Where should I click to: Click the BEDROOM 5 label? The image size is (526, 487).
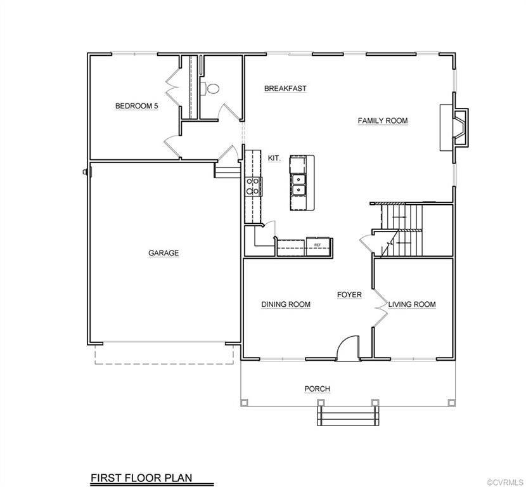(x=136, y=106)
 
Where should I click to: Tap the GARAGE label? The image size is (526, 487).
(x=164, y=253)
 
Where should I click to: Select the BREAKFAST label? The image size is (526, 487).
(x=285, y=89)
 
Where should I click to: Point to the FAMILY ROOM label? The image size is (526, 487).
(x=382, y=120)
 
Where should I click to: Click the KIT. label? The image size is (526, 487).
(x=274, y=158)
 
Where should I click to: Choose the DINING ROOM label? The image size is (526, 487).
(x=286, y=304)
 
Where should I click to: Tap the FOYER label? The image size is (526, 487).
(x=349, y=295)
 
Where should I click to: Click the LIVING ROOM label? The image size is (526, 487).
(x=412, y=304)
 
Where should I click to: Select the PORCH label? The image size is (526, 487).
(x=317, y=389)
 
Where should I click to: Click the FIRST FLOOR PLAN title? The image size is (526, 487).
(x=141, y=477)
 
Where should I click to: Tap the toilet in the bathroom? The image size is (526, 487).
(x=211, y=89)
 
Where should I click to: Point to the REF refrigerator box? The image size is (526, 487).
(x=317, y=244)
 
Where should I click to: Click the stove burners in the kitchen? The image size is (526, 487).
(x=251, y=186)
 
